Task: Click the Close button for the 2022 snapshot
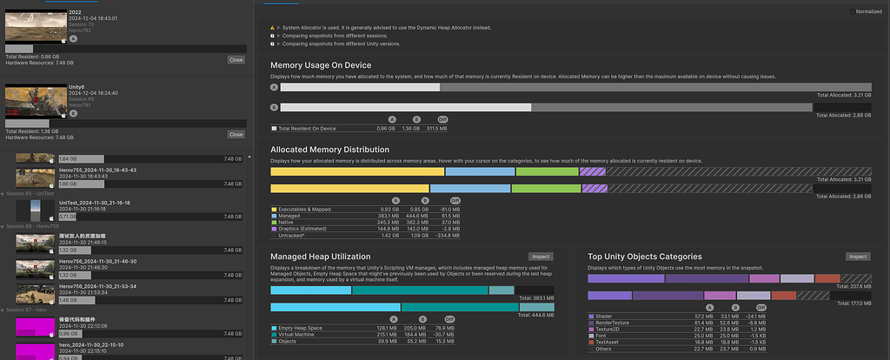(236, 60)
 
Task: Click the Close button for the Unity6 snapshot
(236, 135)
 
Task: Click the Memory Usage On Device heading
(321, 65)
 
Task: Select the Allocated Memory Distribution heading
(329, 150)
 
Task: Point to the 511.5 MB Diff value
(442, 128)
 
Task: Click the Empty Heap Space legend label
(302, 328)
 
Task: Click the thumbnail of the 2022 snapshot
(35, 27)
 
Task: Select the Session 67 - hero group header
(27, 310)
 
